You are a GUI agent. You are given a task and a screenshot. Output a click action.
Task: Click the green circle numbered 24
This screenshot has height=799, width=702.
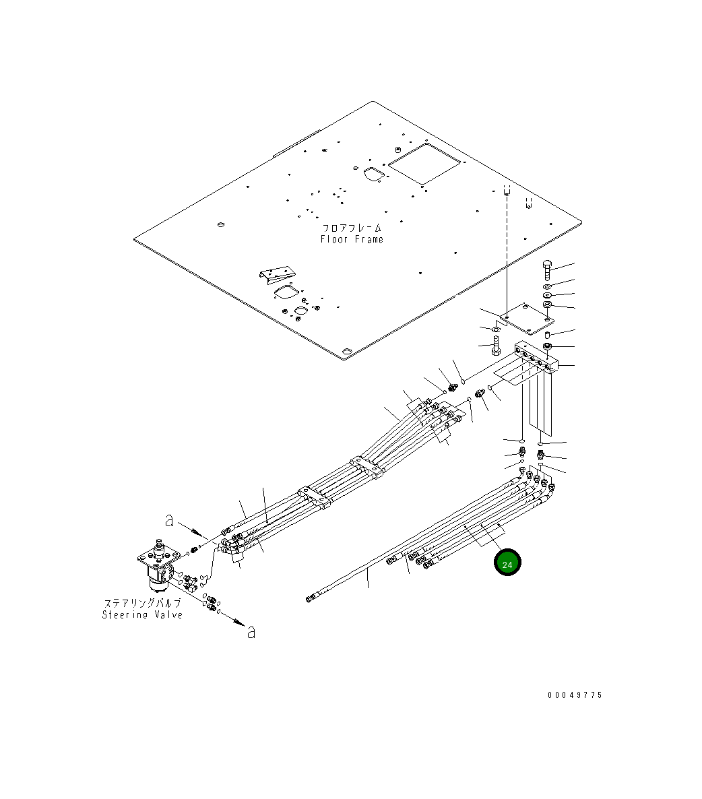[x=507, y=564]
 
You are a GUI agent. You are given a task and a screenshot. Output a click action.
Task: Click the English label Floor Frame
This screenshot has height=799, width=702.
[x=352, y=239]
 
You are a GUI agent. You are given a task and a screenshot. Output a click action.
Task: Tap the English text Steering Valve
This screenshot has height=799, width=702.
[x=142, y=614]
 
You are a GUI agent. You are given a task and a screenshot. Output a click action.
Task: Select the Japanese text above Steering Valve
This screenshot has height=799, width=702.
[x=142, y=604]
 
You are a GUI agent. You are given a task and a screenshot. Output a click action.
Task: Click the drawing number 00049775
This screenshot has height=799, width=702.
[x=575, y=695]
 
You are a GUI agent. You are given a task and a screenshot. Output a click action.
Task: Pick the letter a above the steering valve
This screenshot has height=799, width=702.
[x=170, y=520]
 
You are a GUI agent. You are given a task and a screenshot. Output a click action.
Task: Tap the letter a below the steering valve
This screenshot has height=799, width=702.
[x=251, y=632]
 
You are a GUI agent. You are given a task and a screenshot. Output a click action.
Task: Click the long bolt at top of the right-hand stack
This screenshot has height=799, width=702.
[x=546, y=271]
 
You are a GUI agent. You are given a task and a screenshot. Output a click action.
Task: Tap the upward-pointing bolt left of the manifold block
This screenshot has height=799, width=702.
[x=497, y=347]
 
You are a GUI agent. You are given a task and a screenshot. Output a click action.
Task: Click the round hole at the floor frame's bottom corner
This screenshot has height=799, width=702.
[x=346, y=352]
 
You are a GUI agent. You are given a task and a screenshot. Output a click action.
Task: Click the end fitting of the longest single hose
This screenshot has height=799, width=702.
[x=310, y=598]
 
